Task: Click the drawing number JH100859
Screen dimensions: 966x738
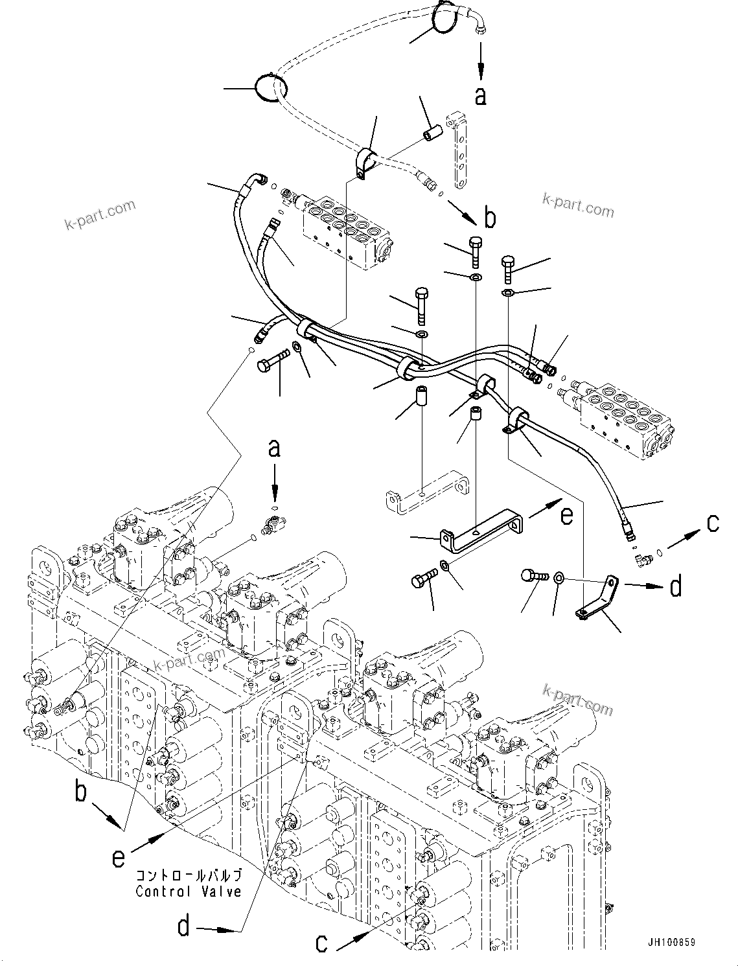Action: (x=669, y=943)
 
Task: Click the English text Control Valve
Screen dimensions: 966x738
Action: (x=188, y=891)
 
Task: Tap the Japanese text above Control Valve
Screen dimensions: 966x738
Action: (x=188, y=875)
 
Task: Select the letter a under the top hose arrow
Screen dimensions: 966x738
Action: (x=480, y=96)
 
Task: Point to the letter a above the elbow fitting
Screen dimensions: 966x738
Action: (x=275, y=448)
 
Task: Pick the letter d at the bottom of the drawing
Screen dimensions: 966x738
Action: (x=185, y=927)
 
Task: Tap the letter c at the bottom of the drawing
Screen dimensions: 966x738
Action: (x=321, y=943)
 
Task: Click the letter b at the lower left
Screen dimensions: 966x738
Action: (x=81, y=792)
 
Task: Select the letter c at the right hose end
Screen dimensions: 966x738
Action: (x=713, y=523)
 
